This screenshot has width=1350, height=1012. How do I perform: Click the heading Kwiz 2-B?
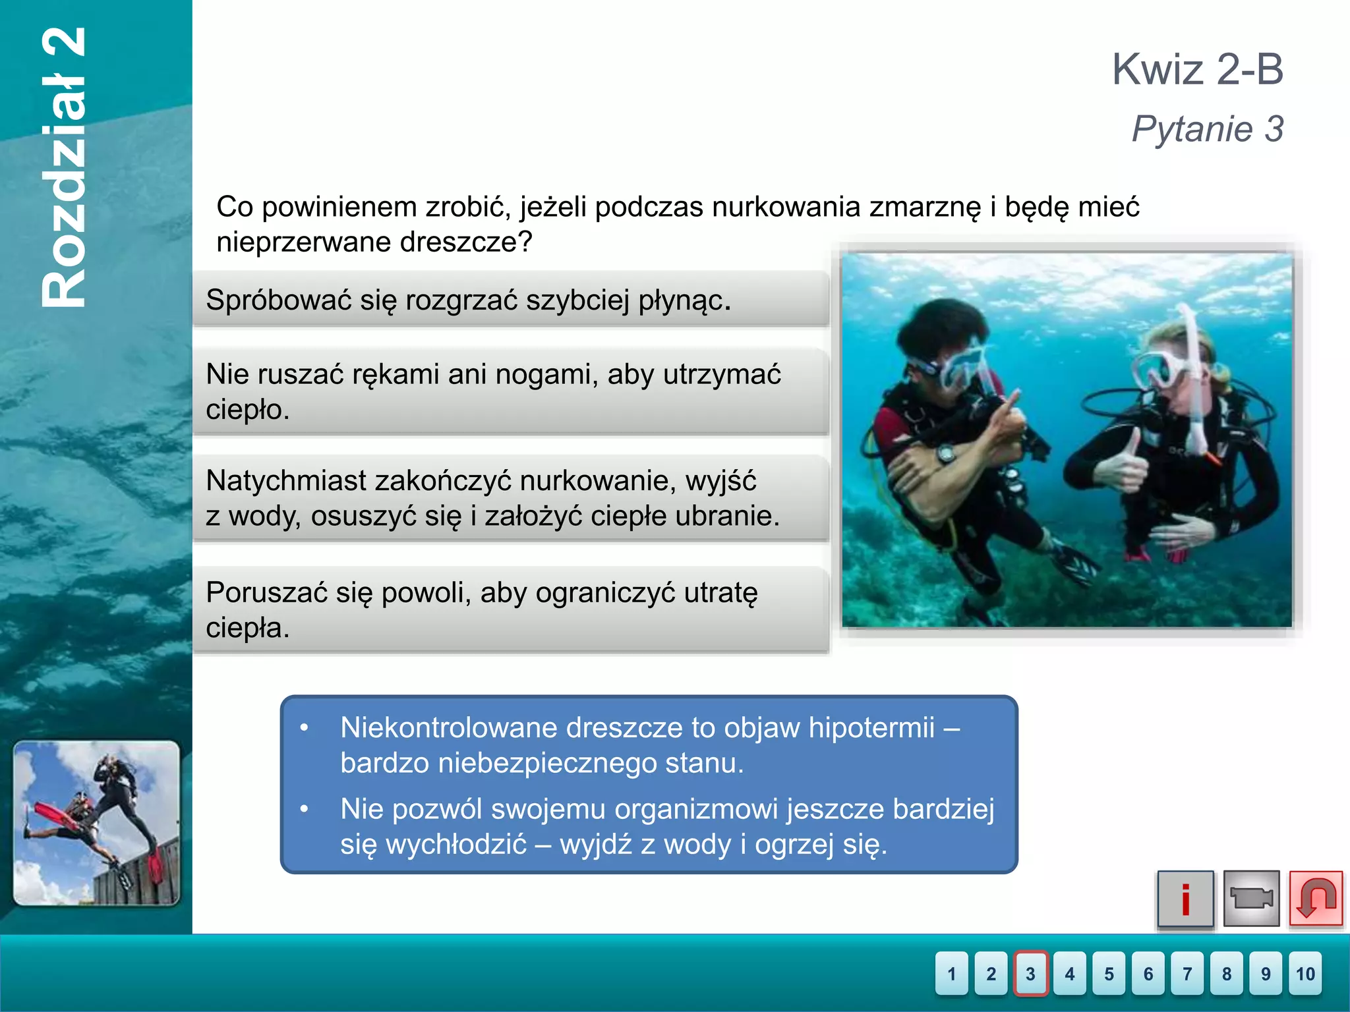[x=1197, y=69]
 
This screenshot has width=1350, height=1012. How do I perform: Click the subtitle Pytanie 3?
[x=1207, y=128]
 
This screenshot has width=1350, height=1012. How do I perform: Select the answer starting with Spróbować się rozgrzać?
[x=510, y=300]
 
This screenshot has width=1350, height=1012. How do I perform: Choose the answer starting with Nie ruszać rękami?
[x=510, y=391]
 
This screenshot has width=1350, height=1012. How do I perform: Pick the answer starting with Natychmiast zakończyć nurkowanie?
[x=510, y=498]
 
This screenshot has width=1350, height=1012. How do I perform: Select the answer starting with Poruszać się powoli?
[x=510, y=609]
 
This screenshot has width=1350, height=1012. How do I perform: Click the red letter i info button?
[x=1185, y=899]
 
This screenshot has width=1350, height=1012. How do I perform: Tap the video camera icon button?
[x=1250, y=899]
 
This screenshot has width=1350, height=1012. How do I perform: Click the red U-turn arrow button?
[x=1315, y=899]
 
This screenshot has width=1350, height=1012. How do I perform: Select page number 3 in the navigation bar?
[x=1030, y=973]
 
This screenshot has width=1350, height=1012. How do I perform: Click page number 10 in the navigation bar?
[x=1305, y=973]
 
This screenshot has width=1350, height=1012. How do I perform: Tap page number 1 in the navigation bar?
[x=951, y=973]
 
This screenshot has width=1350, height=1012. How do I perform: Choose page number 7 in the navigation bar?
[x=1187, y=973]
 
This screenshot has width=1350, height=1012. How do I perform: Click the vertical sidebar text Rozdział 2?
[x=64, y=168]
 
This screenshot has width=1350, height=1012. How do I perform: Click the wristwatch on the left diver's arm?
[x=947, y=453]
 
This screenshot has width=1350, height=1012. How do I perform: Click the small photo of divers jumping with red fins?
[x=96, y=823]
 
